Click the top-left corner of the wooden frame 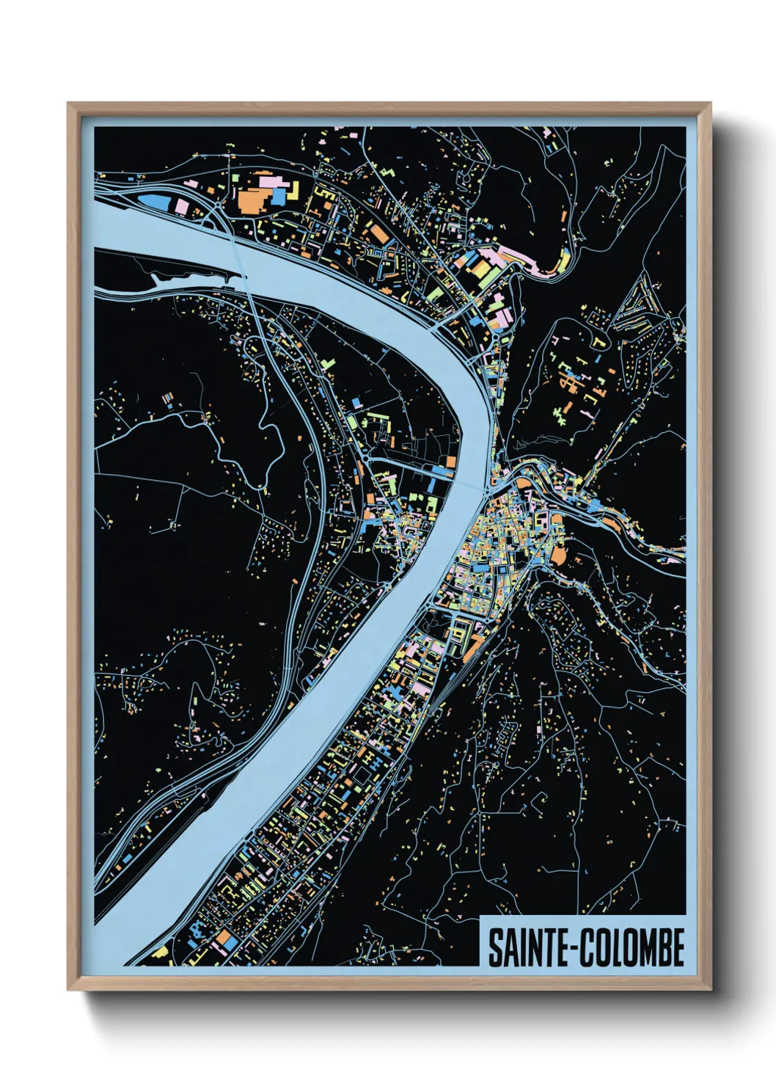pyautogui.click(x=69, y=104)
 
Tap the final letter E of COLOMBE pyautogui.click(x=677, y=948)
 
